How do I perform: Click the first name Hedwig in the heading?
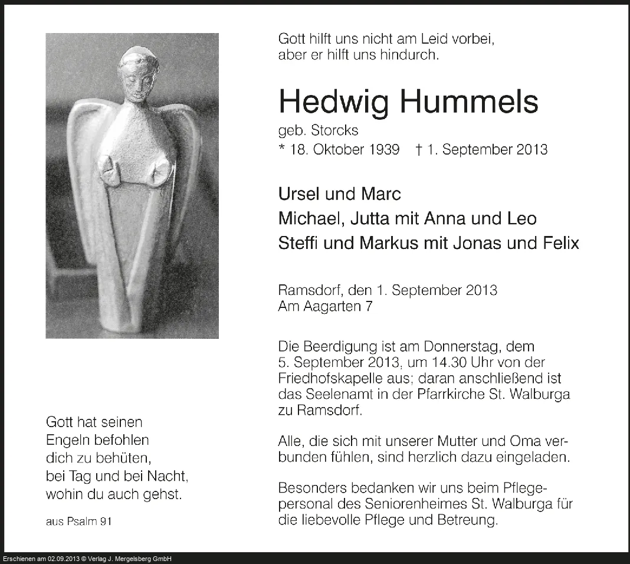pyautogui.click(x=334, y=102)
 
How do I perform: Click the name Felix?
pyautogui.click(x=559, y=243)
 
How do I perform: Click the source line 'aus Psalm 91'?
pyautogui.click(x=78, y=522)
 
